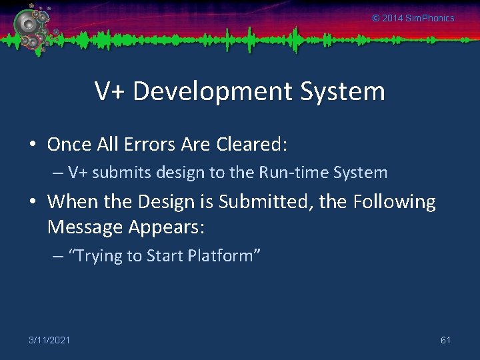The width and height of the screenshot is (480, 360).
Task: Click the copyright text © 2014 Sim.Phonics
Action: click(x=413, y=18)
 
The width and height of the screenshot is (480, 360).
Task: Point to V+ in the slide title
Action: click(x=110, y=91)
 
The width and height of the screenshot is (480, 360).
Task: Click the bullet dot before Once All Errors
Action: click(x=33, y=145)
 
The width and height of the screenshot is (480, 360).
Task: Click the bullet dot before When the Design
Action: click(x=33, y=202)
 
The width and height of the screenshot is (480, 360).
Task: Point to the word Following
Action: click(x=394, y=201)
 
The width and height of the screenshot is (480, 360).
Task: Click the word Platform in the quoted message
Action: click(x=220, y=256)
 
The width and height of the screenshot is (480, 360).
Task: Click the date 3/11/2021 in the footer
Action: click(x=49, y=341)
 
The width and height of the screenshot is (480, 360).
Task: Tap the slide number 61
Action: click(x=445, y=341)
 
